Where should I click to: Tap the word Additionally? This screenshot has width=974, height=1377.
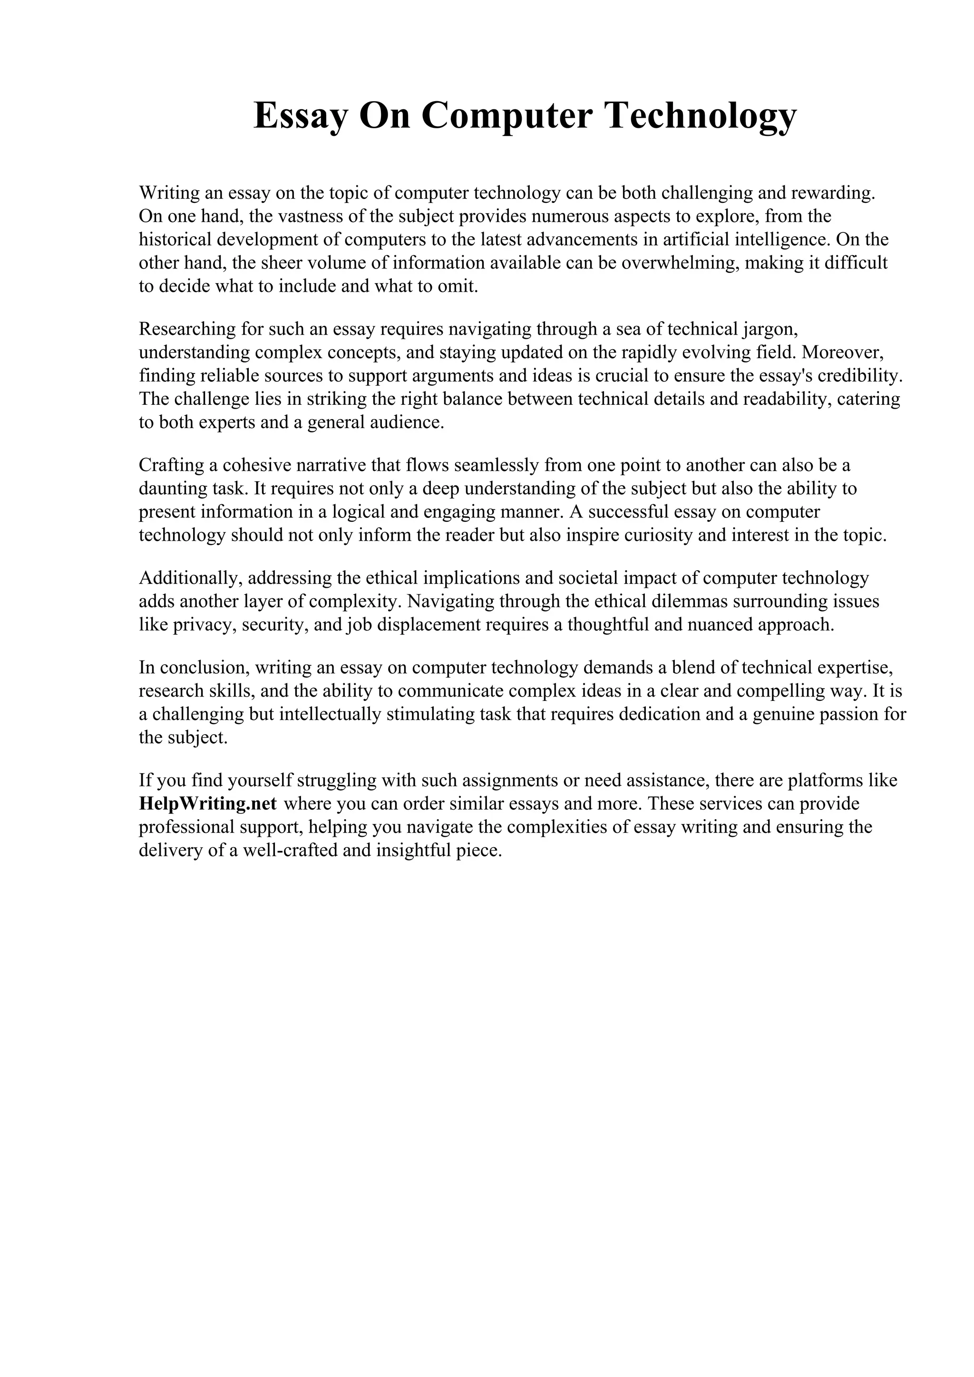pyautogui.click(x=190, y=577)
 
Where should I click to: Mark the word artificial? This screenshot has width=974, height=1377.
pyautogui.click(x=697, y=239)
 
